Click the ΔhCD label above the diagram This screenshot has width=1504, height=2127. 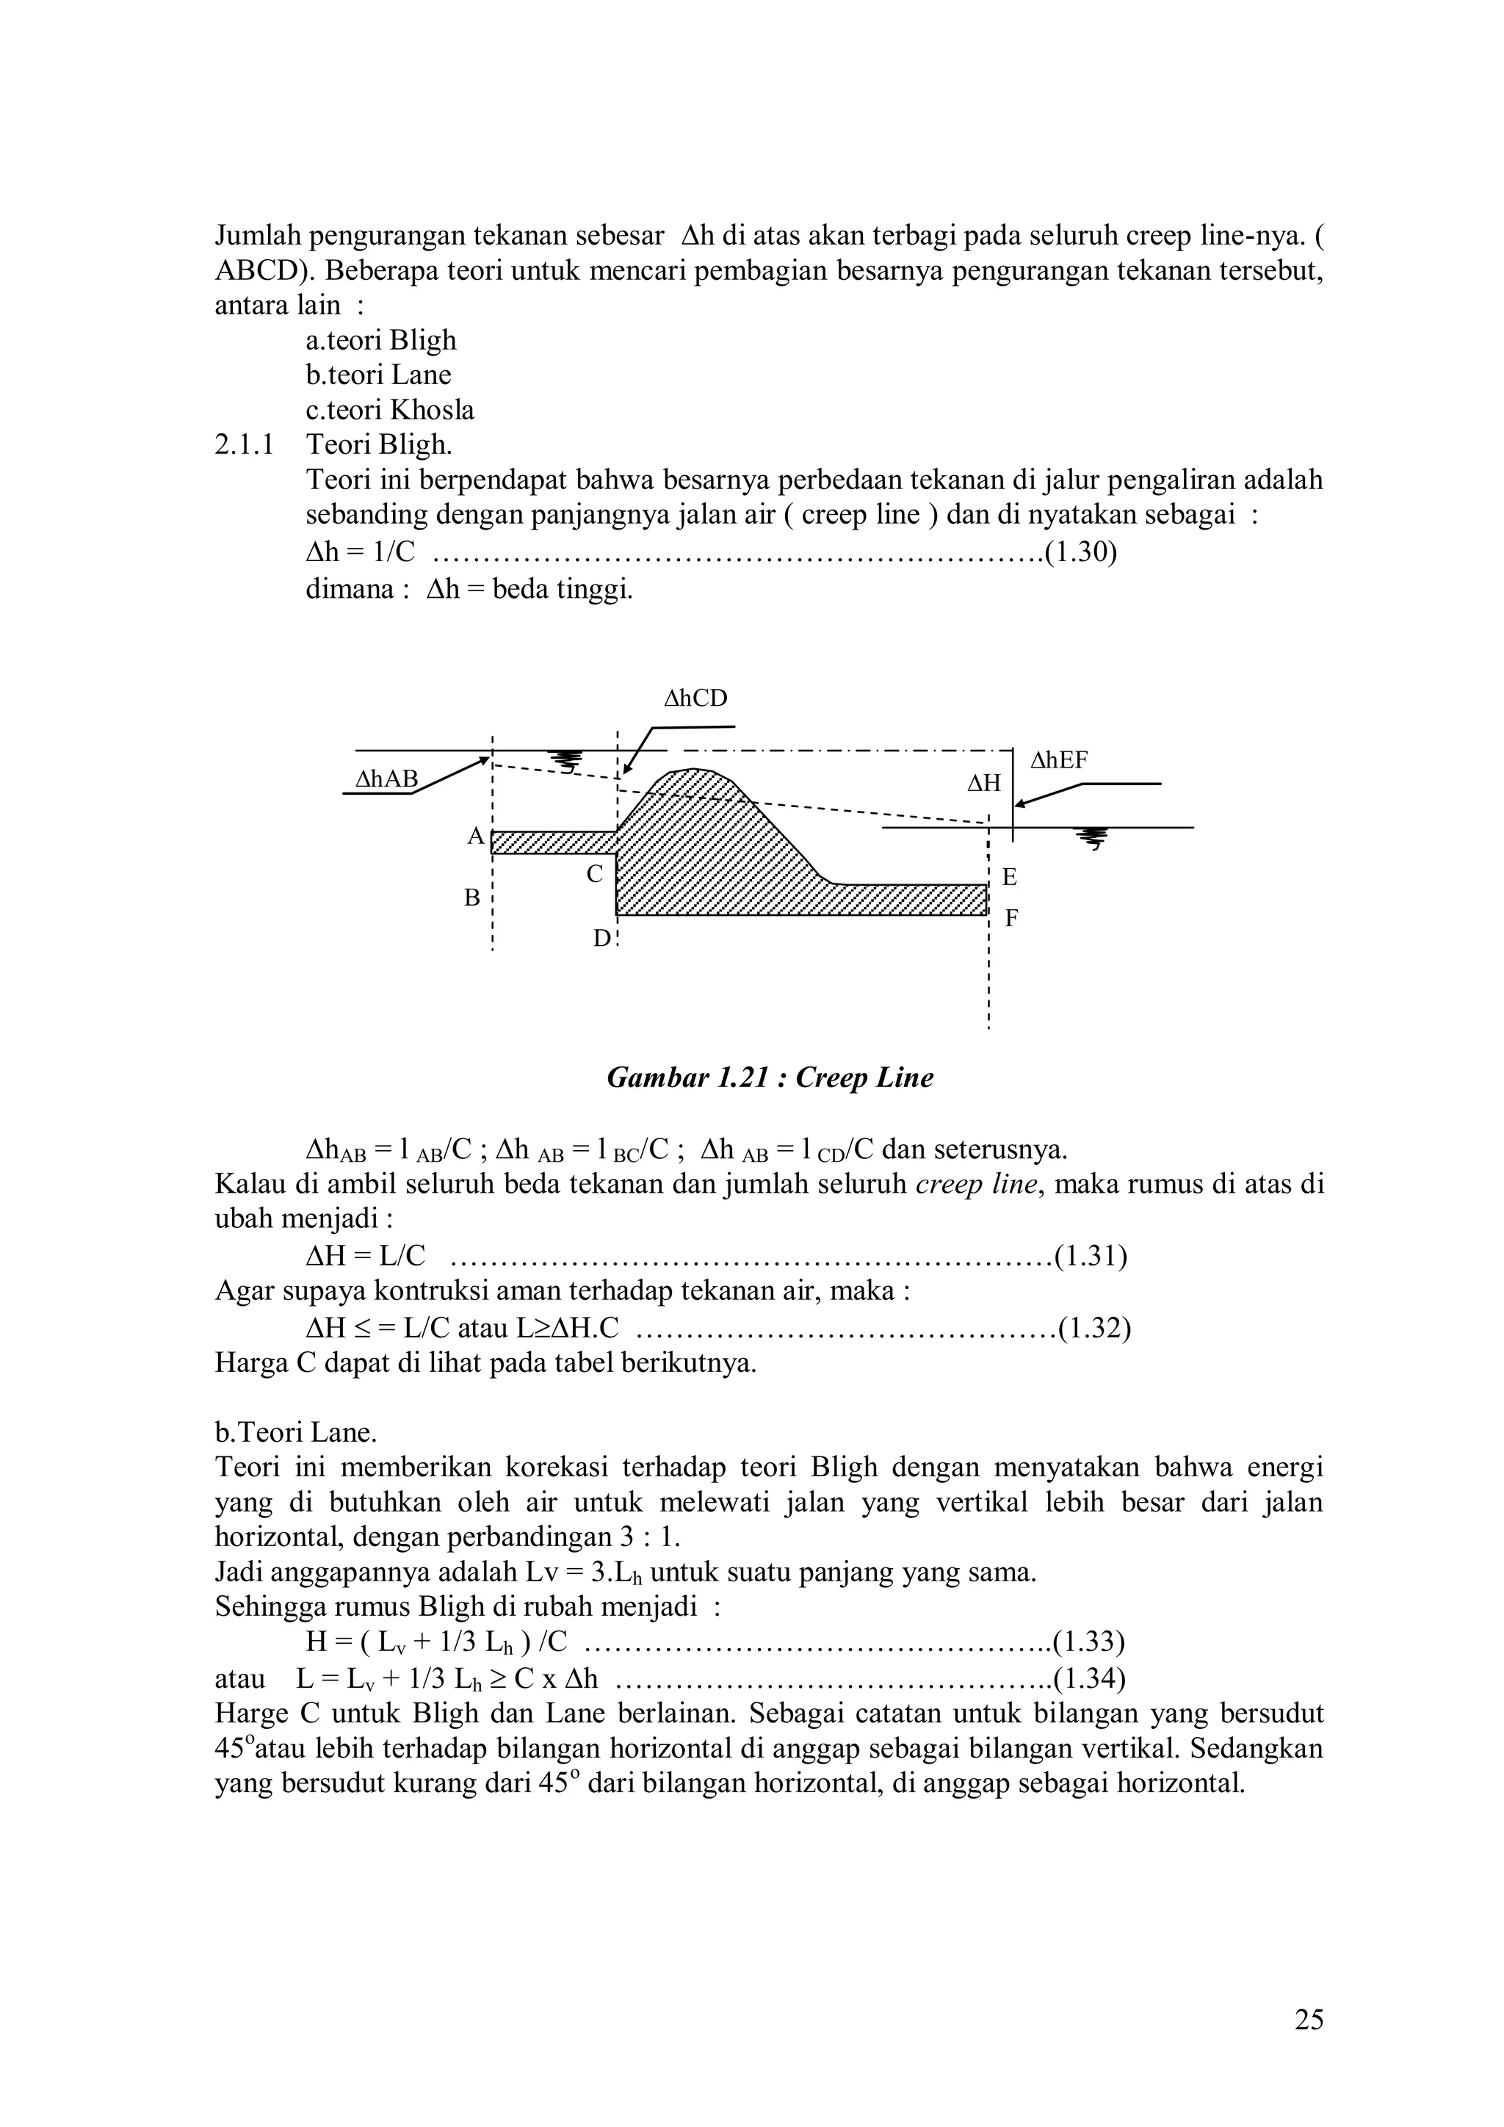[695, 698]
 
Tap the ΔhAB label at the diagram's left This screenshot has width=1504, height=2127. [387, 779]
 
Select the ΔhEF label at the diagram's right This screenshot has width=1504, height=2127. [1060, 761]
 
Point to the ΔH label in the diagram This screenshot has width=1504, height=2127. [985, 784]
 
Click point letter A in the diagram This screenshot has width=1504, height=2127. [475, 837]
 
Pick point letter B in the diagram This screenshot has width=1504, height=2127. [472, 898]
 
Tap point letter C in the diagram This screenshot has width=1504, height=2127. [595, 873]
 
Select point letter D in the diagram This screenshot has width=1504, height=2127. [602, 939]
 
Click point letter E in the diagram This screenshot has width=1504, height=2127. [1010, 876]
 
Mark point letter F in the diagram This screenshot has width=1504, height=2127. [1011, 918]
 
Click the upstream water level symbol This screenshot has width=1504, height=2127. [565, 761]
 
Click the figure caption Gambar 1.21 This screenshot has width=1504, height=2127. [770, 1077]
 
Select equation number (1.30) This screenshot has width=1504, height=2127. [1080, 552]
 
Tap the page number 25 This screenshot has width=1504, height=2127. [1309, 2021]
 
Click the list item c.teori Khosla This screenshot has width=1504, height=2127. [390, 410]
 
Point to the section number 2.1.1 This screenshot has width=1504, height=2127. [245, 444]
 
